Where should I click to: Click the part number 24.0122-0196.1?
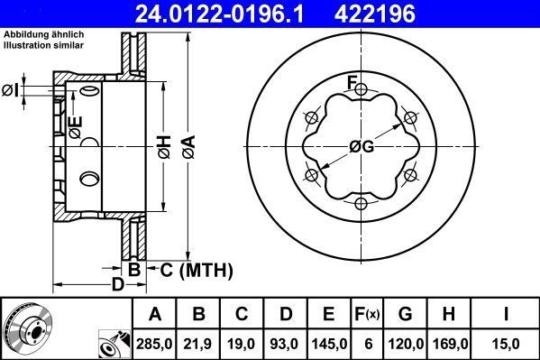[187, 13]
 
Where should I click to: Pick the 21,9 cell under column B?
[198, 343]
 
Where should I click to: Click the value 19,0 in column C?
[243, 343]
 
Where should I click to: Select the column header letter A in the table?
[155, 314]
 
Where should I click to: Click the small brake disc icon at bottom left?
[27, 329]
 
